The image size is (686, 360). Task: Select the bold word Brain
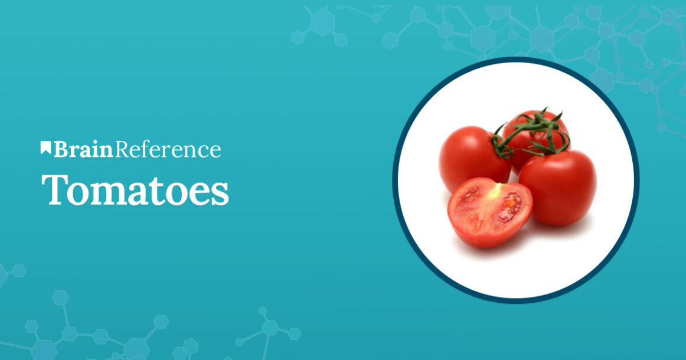83,149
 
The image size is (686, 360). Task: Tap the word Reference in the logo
168,149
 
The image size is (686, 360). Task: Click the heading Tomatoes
135,189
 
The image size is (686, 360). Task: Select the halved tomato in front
489,212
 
